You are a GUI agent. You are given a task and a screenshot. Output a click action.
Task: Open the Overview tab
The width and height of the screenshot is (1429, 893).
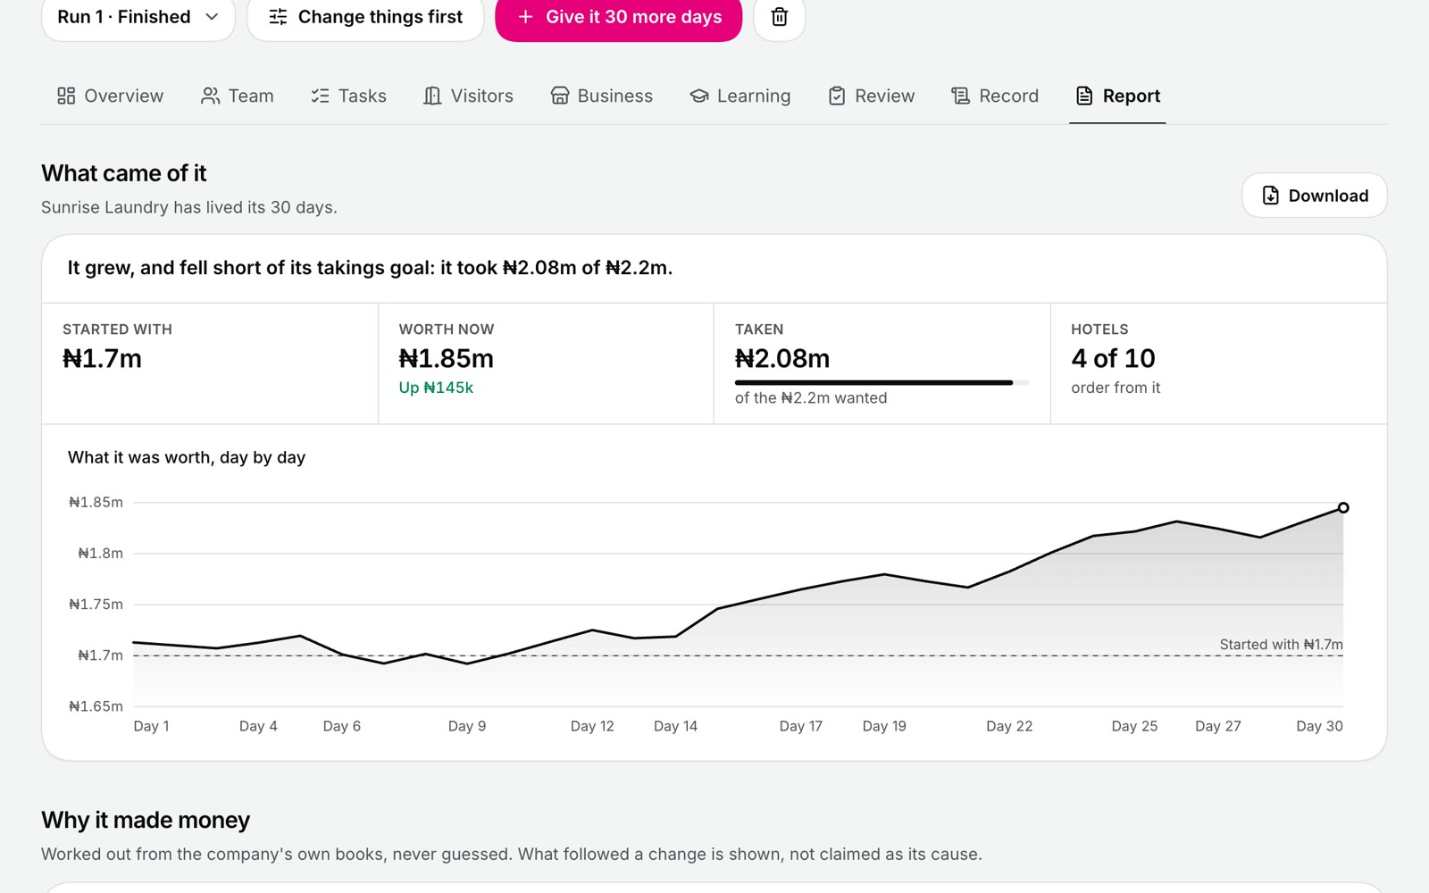110,96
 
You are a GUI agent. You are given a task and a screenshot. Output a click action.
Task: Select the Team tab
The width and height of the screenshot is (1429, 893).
237,96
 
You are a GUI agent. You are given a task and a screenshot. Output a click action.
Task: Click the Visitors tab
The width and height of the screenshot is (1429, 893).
468,96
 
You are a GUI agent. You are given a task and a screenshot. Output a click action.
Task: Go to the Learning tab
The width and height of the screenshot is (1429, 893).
740,96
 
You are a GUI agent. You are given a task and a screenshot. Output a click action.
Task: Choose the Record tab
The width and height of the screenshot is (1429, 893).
995,96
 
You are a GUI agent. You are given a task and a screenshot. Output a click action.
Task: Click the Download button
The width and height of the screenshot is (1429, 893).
1314,196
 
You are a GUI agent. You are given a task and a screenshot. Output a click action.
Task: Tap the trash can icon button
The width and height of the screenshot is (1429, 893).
779,17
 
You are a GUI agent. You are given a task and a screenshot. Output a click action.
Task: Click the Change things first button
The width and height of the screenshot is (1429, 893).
365,17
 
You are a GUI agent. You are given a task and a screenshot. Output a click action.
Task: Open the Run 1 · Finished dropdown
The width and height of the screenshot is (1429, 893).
138,17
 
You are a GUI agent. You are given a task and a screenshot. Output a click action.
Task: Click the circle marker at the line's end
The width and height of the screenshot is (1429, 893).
1343,508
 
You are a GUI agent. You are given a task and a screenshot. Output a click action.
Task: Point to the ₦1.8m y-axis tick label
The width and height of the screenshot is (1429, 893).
100,553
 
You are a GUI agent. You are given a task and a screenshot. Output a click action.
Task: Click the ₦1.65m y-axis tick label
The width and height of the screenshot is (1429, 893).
96,706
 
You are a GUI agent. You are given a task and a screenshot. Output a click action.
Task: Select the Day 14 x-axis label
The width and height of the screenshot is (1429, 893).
675,726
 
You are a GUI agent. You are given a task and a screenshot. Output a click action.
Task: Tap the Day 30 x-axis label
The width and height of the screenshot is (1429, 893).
1319,726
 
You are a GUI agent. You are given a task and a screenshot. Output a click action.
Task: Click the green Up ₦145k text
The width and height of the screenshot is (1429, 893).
436,388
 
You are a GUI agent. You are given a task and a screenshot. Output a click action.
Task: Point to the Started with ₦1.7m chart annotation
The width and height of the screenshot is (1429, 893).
1281,644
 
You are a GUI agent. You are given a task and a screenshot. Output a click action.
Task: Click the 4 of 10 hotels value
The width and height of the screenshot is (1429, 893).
1113,358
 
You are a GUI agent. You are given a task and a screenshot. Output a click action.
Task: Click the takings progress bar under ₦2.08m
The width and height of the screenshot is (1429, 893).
882,383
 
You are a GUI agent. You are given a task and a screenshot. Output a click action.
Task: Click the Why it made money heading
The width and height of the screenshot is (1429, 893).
146,821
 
